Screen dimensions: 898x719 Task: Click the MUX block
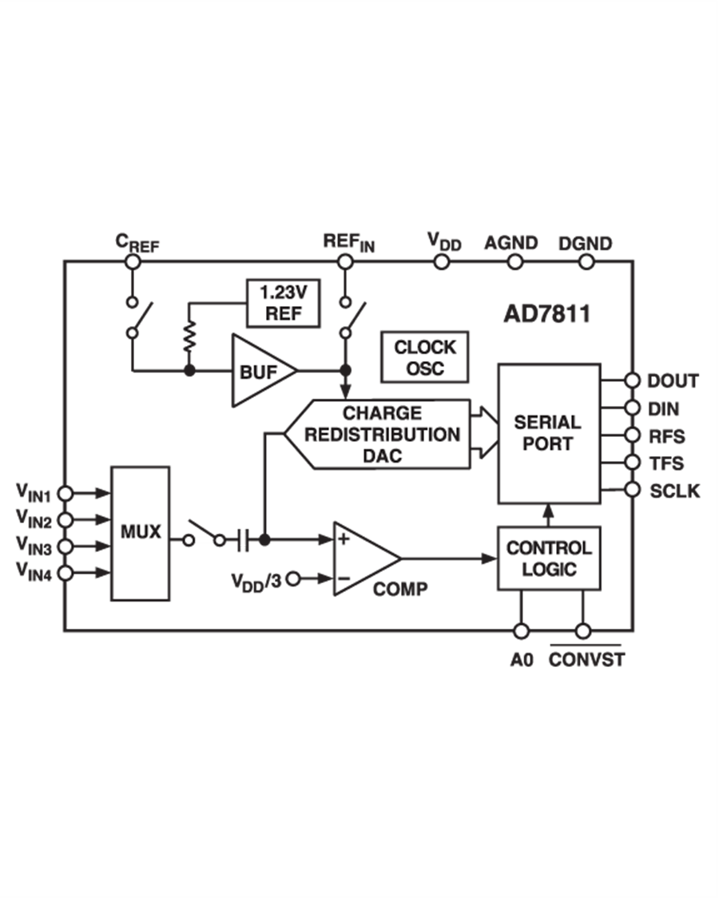pyautogui.click(x=140, y=532)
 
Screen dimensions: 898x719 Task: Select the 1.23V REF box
pyautogui.click(x=283, y=303)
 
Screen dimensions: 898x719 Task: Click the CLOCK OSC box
pyautogui.click(x=425, y=358)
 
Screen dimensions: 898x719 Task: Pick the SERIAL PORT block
pyautogui.click(x=548, y=433)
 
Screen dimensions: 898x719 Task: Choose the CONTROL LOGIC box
pyautogui.click(x=548, y=558)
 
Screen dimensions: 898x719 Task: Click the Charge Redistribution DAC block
pyautogui.click(x=379, y=435)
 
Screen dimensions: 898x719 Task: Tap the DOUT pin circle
pyautogui.click(x=633, y=380)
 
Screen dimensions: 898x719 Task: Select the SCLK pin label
pyautogui.click(x=674, y=491)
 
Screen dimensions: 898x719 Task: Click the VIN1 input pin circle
pyautogui.click(x=66, y=494)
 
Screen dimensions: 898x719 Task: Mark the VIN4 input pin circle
pyautogui.click(x=66, y=573)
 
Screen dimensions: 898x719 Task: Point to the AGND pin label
pyautogui.click(x=510, y=244)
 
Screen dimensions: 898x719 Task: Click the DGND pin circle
pyautogui.click(x=586, y=261)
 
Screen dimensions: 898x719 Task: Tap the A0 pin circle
pyautogui.click(x=522, y=631)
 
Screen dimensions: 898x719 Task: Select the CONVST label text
pyautogui.click(x=586, y=661)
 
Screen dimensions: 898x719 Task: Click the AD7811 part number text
pyautogui.click(x=547, y=314)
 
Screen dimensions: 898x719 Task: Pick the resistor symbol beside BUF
pyautogui.click(x=189, y=337)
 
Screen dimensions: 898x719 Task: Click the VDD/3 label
pyautogui.click(x=256, y=579)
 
